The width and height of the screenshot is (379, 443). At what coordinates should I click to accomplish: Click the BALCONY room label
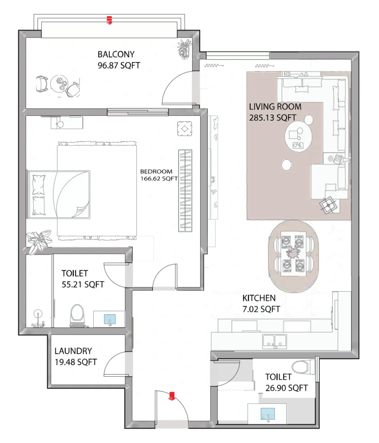point(116,54)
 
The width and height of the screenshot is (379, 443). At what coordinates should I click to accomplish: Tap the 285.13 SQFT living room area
point(272,118)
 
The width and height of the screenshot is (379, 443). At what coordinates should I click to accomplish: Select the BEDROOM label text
point(156,171)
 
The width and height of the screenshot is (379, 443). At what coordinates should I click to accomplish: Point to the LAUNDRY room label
point(73,351)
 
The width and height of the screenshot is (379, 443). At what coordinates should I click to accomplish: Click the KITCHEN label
point(259,298)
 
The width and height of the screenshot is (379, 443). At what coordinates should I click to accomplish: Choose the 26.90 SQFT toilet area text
point(286,388)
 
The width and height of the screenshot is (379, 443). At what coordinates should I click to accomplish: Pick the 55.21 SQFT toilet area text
point(83,285)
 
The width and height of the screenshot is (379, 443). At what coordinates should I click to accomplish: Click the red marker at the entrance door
point(172,396)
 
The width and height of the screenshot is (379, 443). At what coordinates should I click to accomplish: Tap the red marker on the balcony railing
point(109,20)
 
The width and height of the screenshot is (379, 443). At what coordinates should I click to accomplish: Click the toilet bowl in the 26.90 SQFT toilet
point(300,367)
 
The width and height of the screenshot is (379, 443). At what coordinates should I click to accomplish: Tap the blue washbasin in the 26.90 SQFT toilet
point(268,414)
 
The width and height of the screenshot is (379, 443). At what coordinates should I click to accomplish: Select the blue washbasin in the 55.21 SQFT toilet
point(110,319)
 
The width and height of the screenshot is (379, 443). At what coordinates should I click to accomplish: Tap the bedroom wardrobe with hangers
point(185,191)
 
